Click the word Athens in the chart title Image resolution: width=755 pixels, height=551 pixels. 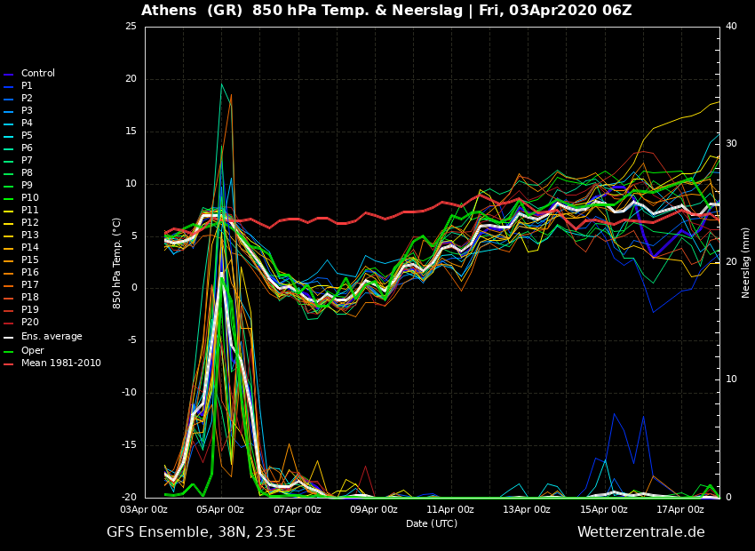(x=169, y=10)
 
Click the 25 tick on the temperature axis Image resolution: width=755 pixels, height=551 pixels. (x=131, y=26)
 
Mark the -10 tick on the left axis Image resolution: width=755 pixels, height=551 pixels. (x=129, y=393)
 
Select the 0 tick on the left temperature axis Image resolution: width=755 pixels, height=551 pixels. (x=134, y=288)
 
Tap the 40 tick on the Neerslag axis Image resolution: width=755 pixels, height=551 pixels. (x=731, y=26)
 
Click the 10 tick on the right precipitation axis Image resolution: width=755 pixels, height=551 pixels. (x=731, y=379)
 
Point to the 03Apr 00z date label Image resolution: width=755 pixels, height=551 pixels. (x=145, y=509)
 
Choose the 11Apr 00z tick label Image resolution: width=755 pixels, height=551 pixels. (x=451, y=509)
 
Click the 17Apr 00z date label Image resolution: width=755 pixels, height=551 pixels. (x=681, y=509)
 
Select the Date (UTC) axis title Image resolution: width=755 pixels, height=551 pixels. (x=432, y=523)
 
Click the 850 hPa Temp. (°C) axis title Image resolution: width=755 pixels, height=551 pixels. (x=117, y=263)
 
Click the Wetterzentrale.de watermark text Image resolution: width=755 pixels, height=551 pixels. (x=641, y=532)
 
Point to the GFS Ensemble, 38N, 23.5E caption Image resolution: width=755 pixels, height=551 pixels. (x=202, y=532)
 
